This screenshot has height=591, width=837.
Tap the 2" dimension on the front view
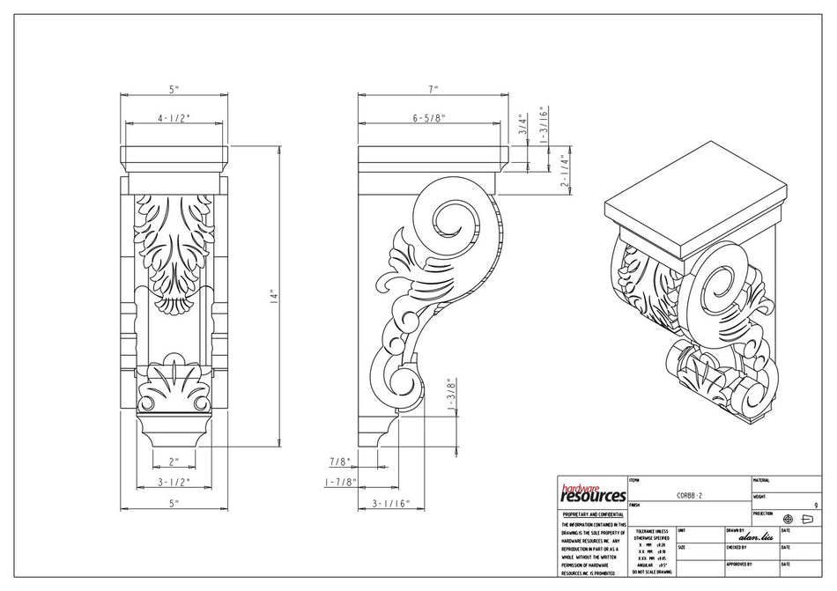click(x=174, y=462)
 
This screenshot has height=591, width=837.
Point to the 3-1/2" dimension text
click(x=174, y=482)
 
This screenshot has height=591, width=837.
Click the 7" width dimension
click(x=433, y=89)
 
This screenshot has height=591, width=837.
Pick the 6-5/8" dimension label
click(x=428, y=117)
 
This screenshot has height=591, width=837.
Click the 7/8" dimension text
click(x=339, y=462)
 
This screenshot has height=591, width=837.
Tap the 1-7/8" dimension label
click(x=338, y=482)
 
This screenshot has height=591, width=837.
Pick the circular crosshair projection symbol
click(x=788, y=520)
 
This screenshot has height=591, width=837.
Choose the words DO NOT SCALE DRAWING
click(x=652, y=573)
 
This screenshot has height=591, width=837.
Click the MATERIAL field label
click(x=762, y=480)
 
